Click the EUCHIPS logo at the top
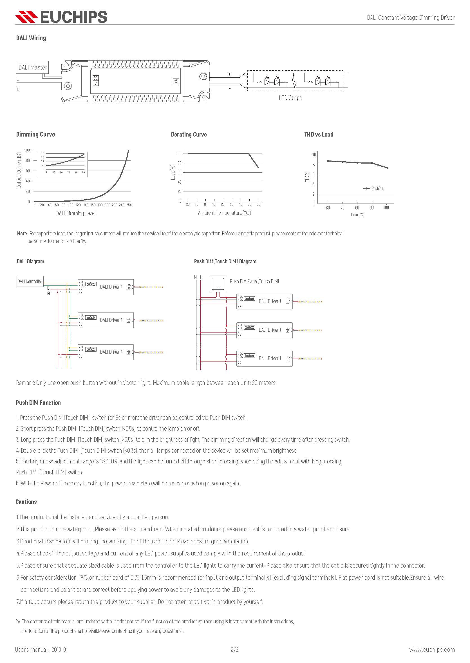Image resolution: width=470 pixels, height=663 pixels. coord(61,17)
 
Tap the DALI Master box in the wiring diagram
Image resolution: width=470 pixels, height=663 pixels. coord(32,68)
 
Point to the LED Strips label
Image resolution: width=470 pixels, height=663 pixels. coord(290,98)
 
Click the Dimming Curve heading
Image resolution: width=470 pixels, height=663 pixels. coord(35,134)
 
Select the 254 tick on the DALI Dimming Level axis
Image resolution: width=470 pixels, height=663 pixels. coord(129,205)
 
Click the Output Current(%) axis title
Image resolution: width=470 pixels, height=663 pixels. coord(19,170)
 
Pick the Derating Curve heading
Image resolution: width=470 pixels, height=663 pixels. coord(189,134)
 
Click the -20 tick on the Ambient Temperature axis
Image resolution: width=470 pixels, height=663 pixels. coord(187,204)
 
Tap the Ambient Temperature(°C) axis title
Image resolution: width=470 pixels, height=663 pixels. coord(224,213)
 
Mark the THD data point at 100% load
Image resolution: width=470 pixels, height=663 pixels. coord(387,168)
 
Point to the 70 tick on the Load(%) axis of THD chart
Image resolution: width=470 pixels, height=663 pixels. coord(343,208)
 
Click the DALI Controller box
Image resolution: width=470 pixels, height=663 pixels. coord(30,281)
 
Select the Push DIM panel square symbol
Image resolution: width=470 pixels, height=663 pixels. coord(218,284)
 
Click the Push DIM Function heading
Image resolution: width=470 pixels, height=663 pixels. coord(38,403)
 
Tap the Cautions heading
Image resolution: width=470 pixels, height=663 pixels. coord(26,502)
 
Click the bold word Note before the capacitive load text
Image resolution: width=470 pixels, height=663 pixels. coord(22,233)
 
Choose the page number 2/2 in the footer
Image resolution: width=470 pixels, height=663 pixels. coord(235,649)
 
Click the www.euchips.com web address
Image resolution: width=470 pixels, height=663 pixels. coord(432,650)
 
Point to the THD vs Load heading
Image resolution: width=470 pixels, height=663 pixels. coord(319,134)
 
